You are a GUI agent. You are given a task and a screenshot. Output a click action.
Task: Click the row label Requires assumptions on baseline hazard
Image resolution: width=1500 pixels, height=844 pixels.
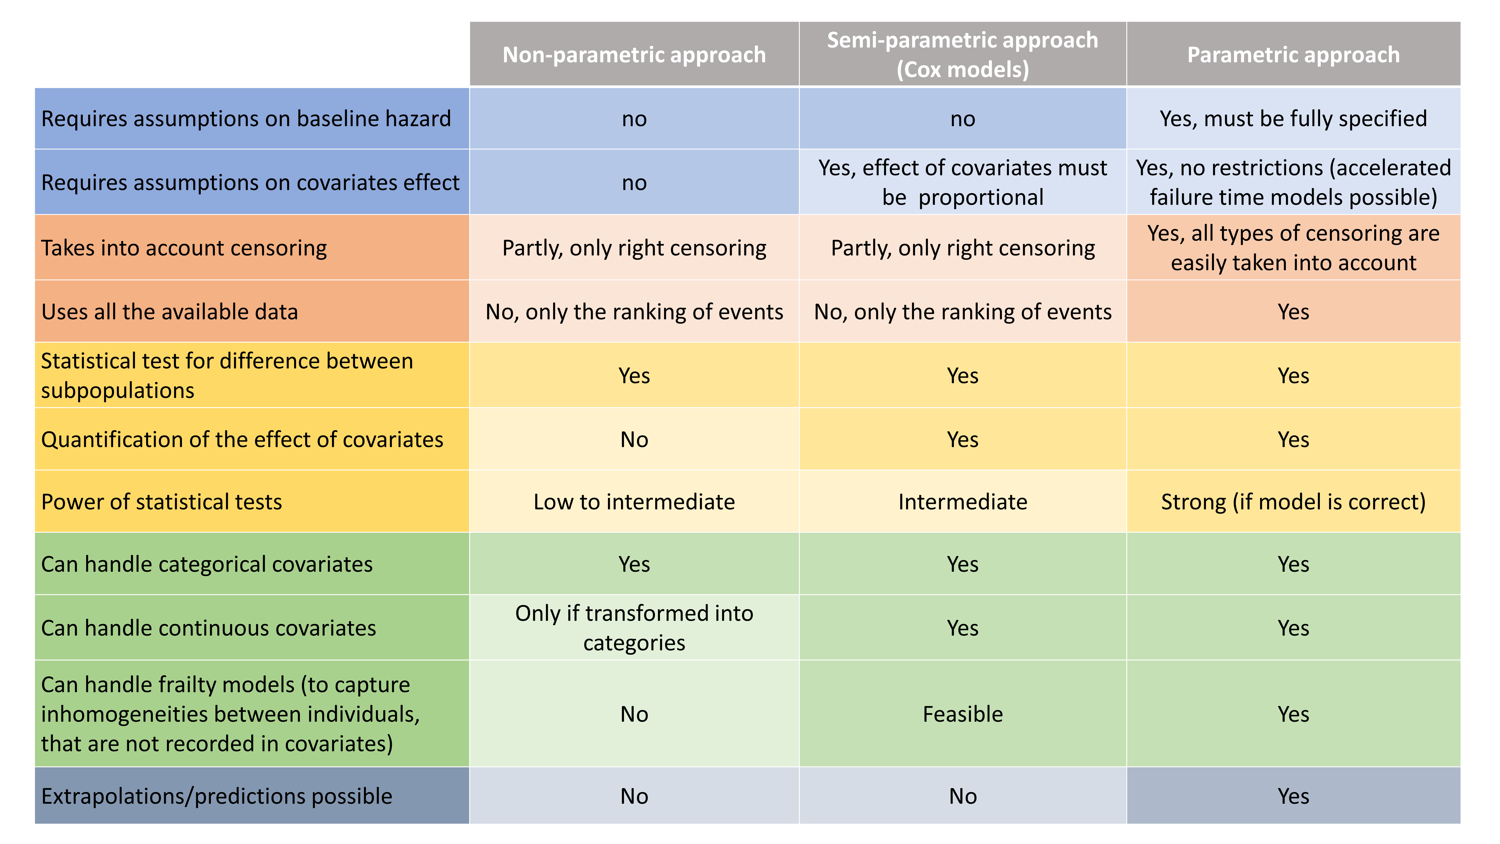click(x=246, y=119)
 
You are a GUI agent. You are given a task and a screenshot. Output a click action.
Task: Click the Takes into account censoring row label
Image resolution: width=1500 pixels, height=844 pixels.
click(x=184, y=248)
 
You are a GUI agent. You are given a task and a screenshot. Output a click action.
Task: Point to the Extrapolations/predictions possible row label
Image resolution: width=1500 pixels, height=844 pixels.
click(x=217, y=796)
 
